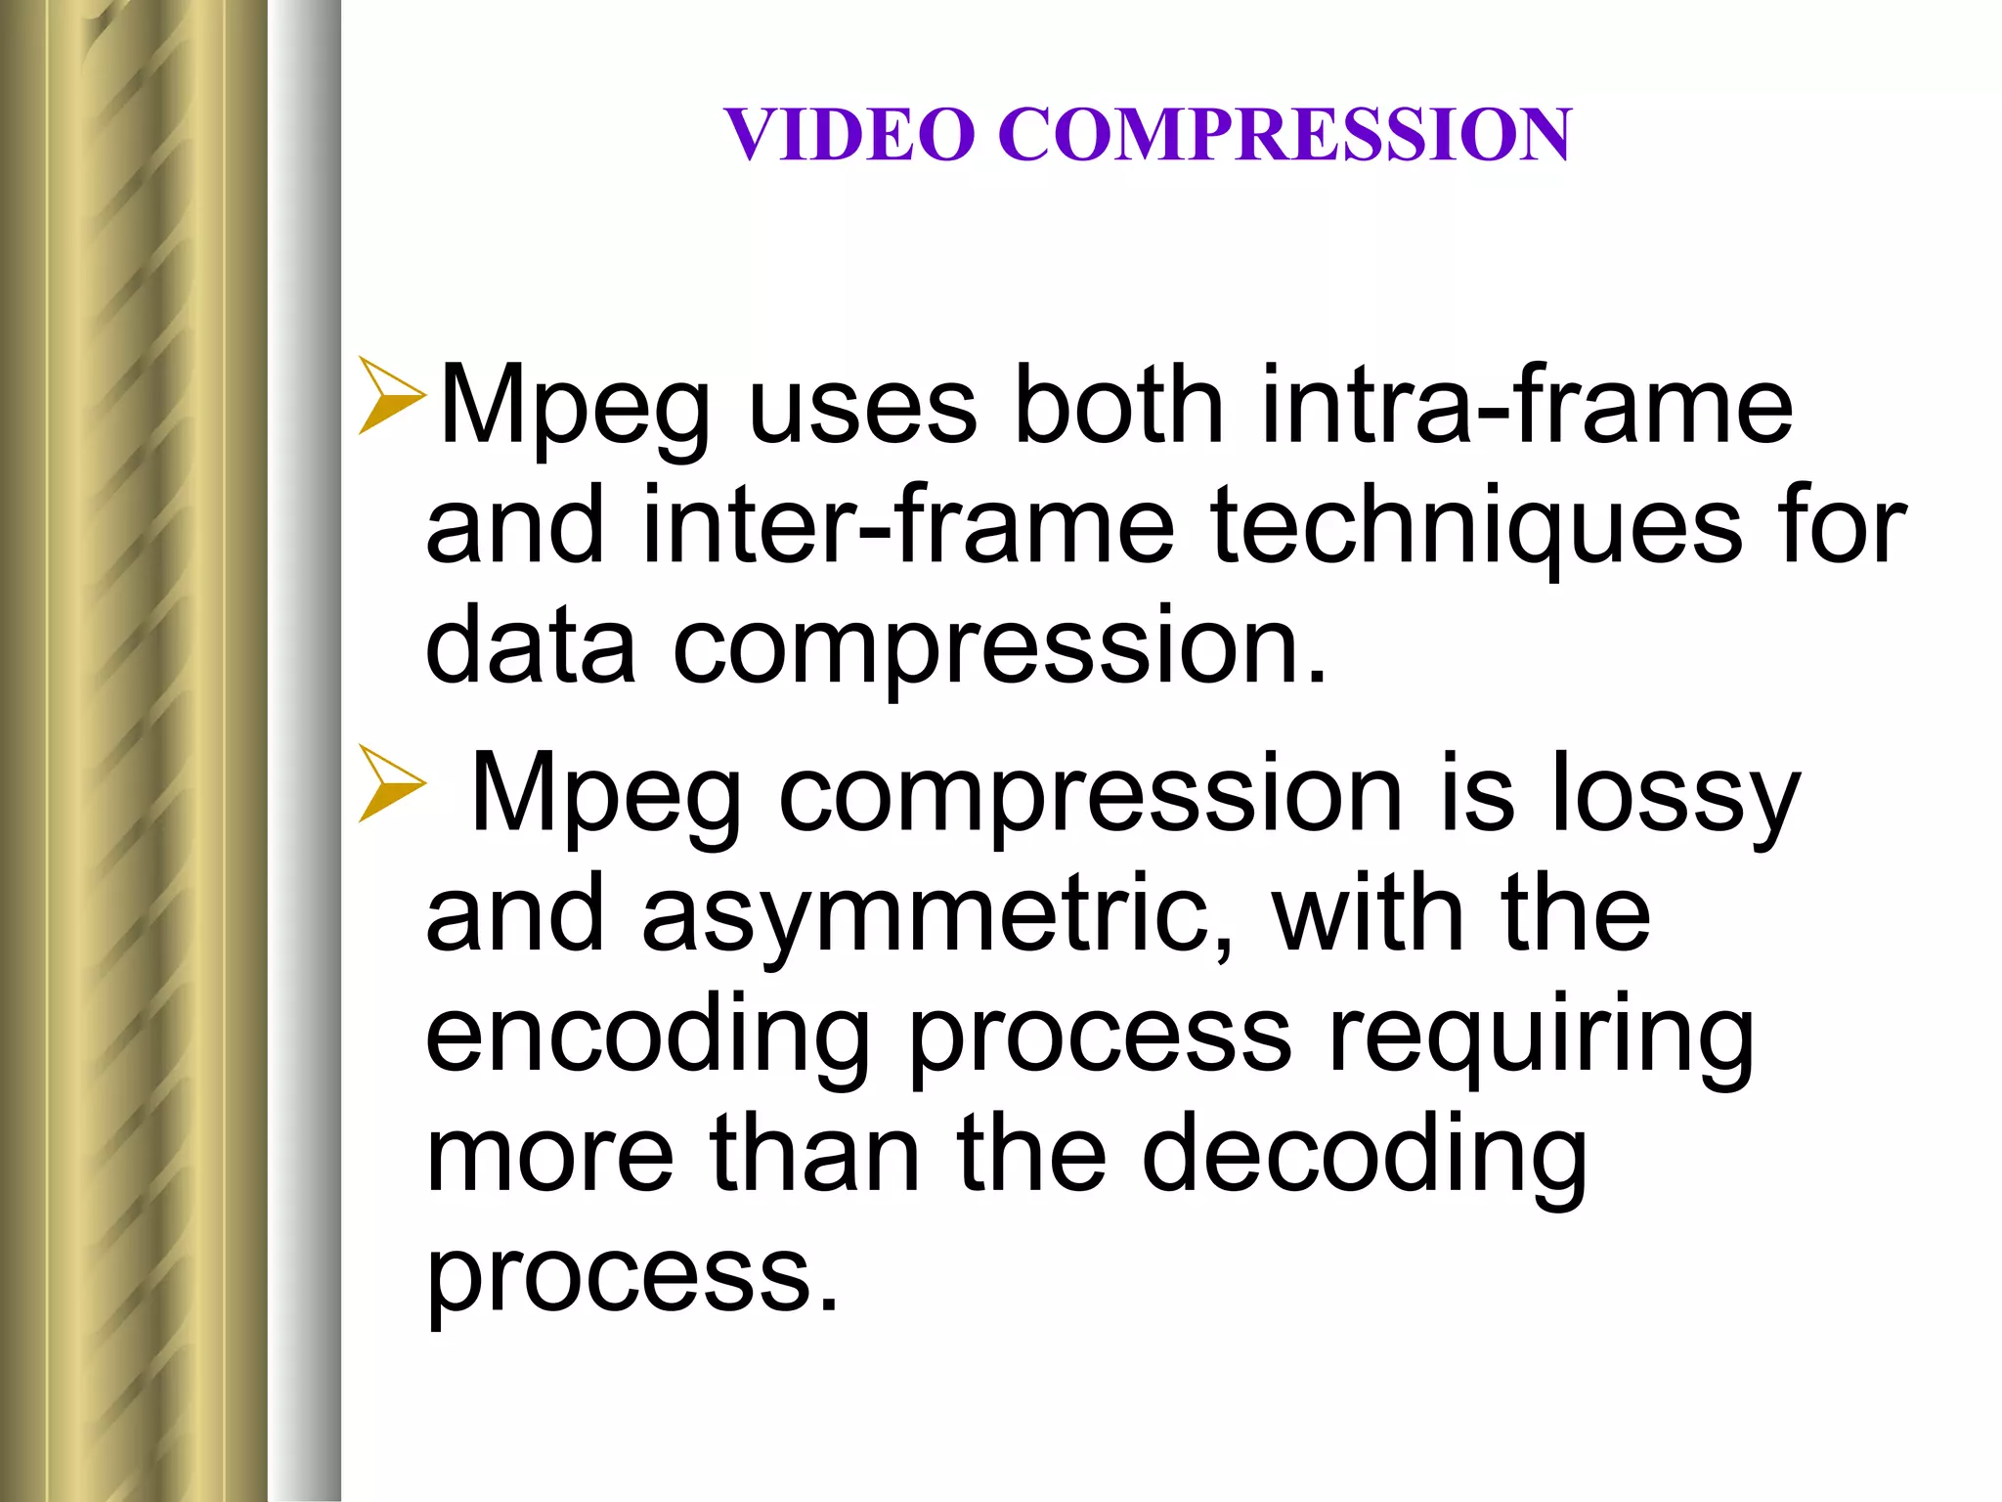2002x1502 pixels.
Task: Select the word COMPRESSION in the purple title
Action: click(x=1284, y=134)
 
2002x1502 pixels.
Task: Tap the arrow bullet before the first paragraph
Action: click(x=391, y=395)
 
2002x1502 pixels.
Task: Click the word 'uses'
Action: click(x=862, y=405)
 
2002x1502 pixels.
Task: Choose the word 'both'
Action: click(x=1119, y=405)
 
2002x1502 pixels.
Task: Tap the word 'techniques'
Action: click(x=1476, y=528)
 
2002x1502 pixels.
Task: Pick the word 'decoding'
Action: click(x=1364, y=1158)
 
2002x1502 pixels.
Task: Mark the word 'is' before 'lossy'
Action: click(x=1477, y=794)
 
